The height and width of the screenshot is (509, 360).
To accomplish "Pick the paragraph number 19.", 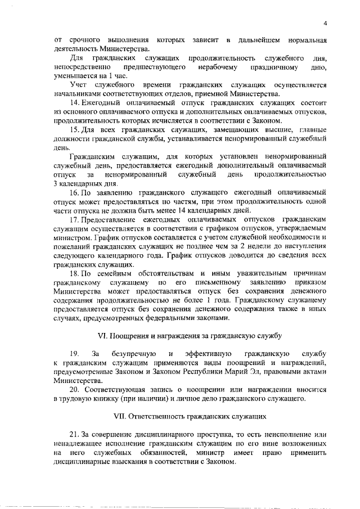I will click(73, 354).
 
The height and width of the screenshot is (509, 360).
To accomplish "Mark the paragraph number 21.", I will click(74, 435).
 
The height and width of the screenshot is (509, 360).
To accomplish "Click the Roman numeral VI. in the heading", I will click(103, 336).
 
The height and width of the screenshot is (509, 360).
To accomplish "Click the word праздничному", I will click(271, 67).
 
